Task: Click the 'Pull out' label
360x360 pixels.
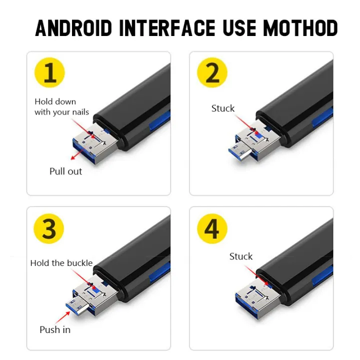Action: (x=65, y=171)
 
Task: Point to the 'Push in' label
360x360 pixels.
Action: (x=55, y=329)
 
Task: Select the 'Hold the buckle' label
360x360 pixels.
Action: (x=61, y=263)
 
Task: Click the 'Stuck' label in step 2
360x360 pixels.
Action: (x=223, y=108)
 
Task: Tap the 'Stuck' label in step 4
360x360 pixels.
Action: (x=241, y=256)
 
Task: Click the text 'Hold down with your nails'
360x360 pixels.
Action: (x=61, y=107)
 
